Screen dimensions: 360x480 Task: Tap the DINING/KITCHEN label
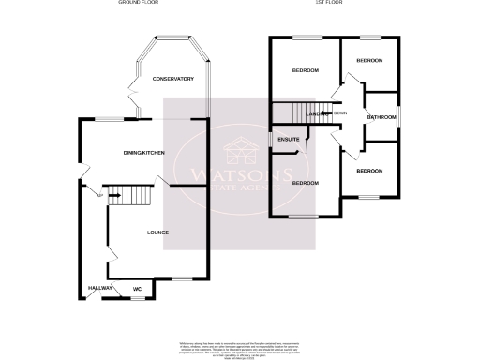click(x=145, y=152)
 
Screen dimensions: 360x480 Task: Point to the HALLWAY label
click(x=100, y=288)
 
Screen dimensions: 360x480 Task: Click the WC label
click(x=137, y=289)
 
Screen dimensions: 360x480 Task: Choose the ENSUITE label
click(x=288, y=140)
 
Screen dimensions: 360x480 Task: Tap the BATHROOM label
click(x=382, y=117)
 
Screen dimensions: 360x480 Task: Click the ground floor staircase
click(x=130, y=196)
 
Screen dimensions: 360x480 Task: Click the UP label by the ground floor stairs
click(x=99, y=195)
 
